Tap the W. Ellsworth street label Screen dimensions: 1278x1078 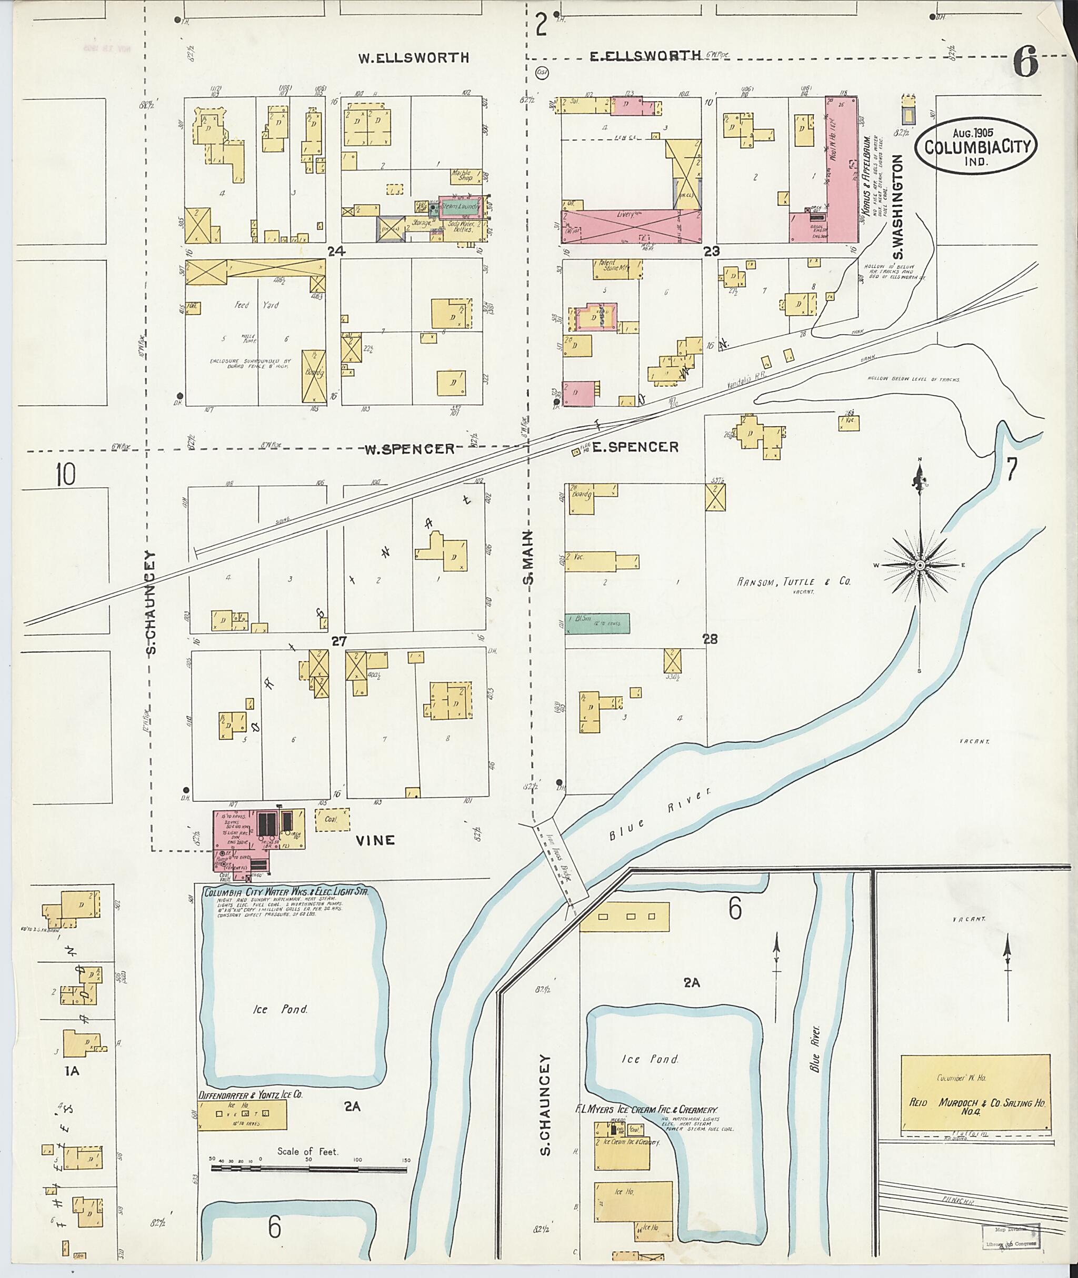[x=414, y=58]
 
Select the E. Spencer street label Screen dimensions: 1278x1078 [x=635, y=447]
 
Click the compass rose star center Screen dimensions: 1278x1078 [x=919, y=566]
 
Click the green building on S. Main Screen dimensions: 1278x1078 [x=597, y=623]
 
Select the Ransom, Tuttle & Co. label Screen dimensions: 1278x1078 [x=793, y=581]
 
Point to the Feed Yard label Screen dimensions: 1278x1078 [x=257, y=304]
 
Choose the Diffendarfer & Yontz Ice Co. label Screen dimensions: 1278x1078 [x=251, y=1095]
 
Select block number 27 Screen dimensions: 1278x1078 [x=339, y=641]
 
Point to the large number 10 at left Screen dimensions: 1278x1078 [x=65, y=474]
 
